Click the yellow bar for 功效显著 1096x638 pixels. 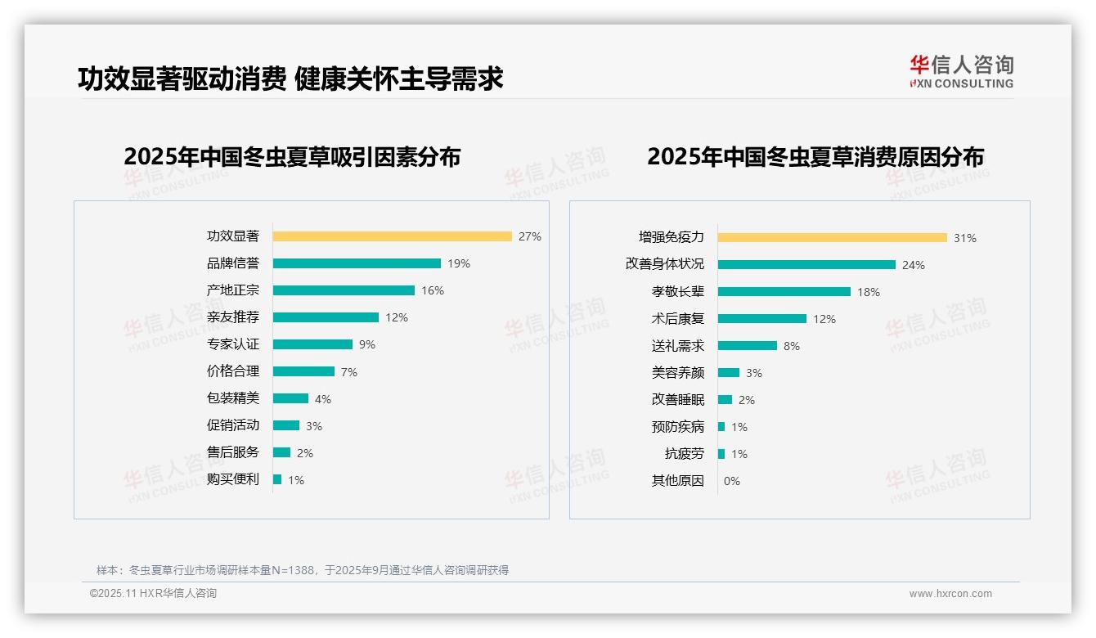[392, 236]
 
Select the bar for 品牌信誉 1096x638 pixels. [357, 263]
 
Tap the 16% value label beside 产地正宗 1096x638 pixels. [433, 290]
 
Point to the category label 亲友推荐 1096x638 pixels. [233, 317]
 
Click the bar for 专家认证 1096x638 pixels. [312, 344]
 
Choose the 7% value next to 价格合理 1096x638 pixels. [349, 372]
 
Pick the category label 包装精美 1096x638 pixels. [233, 398]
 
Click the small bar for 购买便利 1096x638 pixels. [277, 479]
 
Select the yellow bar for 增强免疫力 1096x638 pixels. [833, 238]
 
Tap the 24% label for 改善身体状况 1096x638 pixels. [914, 265]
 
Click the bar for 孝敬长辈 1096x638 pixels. [784, 292]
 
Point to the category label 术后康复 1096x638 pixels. [678, 319]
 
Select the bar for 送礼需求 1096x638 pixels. [748, 346]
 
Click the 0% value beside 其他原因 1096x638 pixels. [732, 481]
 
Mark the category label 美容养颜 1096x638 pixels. [678, 373]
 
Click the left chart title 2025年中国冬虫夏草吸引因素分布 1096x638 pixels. [292, 157]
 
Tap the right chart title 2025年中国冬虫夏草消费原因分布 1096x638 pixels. [815, 157]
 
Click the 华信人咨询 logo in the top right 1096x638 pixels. [962, 72]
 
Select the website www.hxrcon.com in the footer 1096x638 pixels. [950, 594]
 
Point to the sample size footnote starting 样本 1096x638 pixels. [303, 570]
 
